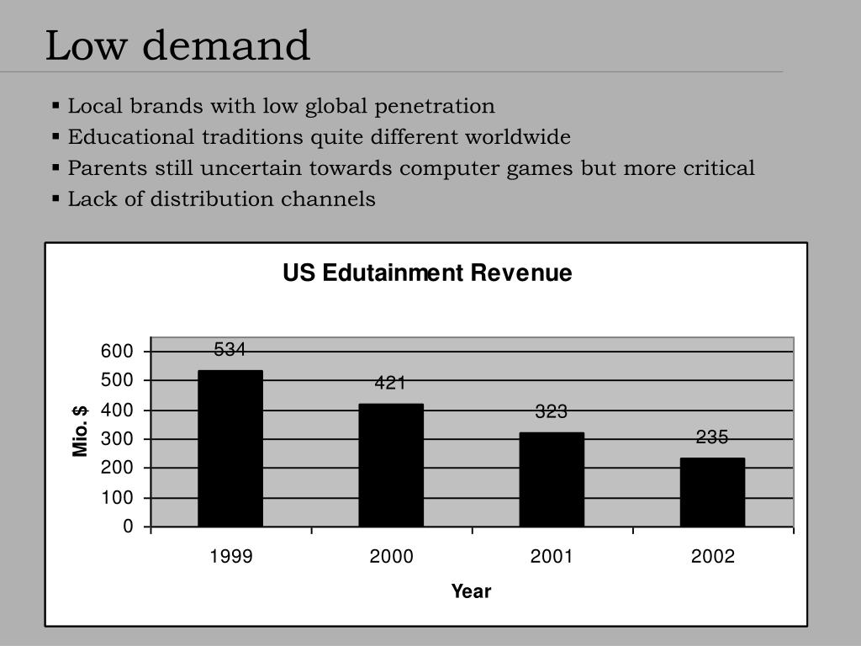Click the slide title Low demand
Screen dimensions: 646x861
(x=177, y=45)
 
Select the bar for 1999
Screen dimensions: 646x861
(x=230, y=448)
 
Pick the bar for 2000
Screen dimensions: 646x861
(x=391, y=465)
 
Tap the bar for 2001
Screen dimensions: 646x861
(x=552, y=479)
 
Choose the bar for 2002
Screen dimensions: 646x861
(x=712, y=492)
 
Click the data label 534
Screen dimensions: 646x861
(x=230, y=350)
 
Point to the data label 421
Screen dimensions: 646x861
(x=390, y=384)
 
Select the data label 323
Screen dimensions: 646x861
(x=552, y=412)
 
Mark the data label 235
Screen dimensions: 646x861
(x=711, y=437)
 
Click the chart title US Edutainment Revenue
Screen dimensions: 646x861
(x=427, y=273)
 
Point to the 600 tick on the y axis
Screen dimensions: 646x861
(x=117, y=352)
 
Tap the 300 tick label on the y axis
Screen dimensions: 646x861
(x=117, y=439)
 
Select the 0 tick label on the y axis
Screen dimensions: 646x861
(x=128, y=527)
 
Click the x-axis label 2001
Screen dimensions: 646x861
(x=552, y=557)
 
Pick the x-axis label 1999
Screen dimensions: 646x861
(x=230, y=557)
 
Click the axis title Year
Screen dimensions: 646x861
(x=471, y=591)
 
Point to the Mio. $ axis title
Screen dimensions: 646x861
(x=81, y=431)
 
